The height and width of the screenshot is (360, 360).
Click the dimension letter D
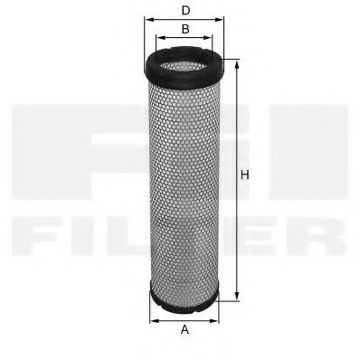185,10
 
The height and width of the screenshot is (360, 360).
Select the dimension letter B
185,29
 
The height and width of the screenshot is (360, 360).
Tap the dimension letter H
244,175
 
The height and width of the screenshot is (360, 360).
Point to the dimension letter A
185,329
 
